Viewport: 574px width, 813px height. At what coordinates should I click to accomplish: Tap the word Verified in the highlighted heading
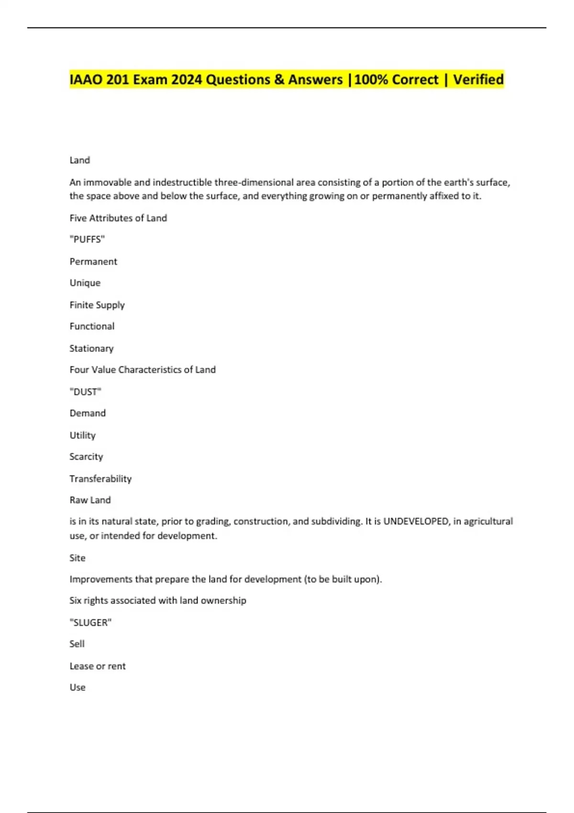tap(478, 79)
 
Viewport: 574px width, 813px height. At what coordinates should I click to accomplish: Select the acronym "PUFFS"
tap(87, 240)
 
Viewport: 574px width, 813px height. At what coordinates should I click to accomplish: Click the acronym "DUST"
tap(85, 392)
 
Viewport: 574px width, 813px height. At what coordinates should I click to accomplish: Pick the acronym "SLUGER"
tap(90, 623)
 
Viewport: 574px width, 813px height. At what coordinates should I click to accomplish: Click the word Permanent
tap(93, 262)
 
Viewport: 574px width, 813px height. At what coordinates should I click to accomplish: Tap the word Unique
tap(85, 283)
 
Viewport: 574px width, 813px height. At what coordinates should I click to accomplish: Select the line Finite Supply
tap(97, 305)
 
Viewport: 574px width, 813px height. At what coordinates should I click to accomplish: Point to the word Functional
tap(92, 326)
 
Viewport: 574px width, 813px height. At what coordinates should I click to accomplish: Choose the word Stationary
tap(91, 348)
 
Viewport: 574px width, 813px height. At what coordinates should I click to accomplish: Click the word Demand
tap(88, 413)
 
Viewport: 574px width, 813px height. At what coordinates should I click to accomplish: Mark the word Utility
tap(83, 435)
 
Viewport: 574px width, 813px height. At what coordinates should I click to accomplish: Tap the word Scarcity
tap(86, 457)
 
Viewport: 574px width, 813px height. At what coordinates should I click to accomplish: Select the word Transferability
tap(100, 479)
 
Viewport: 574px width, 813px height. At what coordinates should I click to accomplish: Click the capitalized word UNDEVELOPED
tap(416, 521)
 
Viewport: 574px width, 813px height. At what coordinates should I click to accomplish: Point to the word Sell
tap(77, 644)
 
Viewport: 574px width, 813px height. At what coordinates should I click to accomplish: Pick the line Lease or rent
tap(98, 666)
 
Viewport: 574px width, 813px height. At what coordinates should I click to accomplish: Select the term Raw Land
tap(90, 500)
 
